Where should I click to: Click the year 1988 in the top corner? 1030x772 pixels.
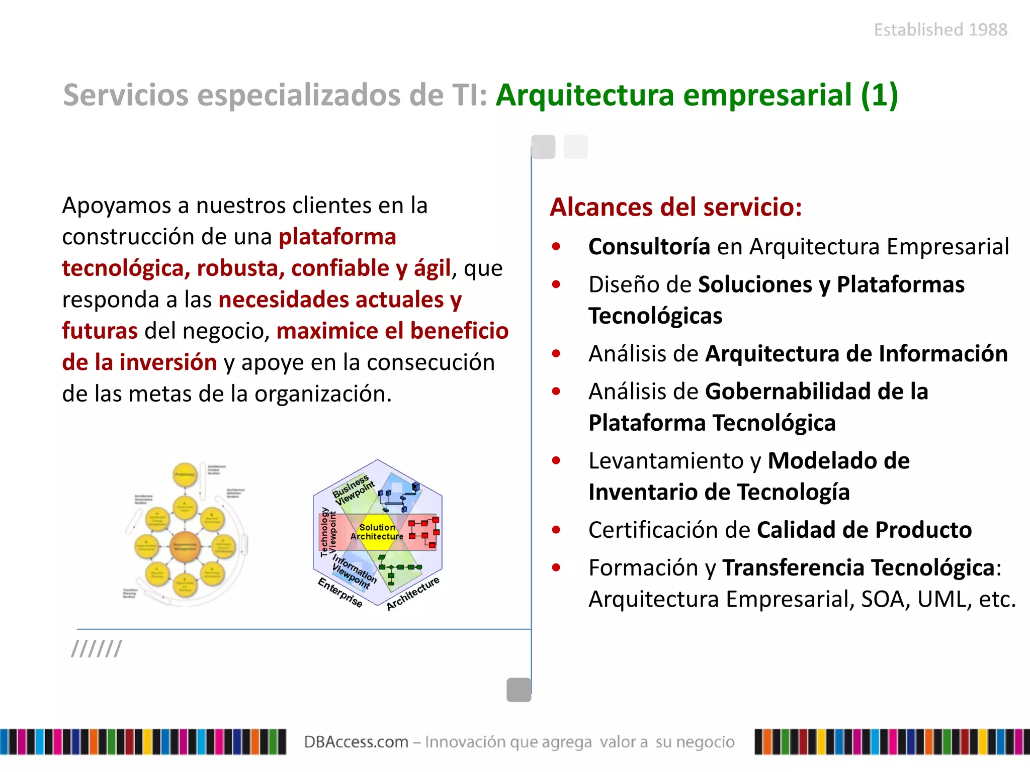[x=988, y=30]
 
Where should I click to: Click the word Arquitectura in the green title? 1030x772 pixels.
[x=584, y=95]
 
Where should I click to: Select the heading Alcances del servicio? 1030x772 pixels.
[x=675, y=207]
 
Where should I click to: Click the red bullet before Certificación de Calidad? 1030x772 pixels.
[x=556, y=530]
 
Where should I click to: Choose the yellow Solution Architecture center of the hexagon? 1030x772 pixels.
[x=377, y=532]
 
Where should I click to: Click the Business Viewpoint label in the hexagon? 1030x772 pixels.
[x=354, y=489]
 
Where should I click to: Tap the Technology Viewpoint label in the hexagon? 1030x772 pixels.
[x=328, y=532]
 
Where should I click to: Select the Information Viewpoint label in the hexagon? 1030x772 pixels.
[x=354, y=572]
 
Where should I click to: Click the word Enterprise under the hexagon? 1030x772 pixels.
[x=340, y=592]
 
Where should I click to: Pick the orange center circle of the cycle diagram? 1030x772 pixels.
[x=185, y=546]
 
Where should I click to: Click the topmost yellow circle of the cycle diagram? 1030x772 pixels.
[x=185, y=474]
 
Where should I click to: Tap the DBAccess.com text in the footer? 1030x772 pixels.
[x=356, y=742]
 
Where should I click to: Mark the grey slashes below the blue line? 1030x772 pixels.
[x=97, y=649]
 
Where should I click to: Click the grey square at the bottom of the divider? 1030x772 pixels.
[x=519, y=690]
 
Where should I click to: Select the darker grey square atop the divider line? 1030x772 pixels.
[x=543, y=147]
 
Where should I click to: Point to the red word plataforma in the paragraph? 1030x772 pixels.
[x=337, y=237]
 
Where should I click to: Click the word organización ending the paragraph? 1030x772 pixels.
[x=322, y=394]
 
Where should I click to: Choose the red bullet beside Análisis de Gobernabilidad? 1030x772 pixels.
[x=556, y=392]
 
